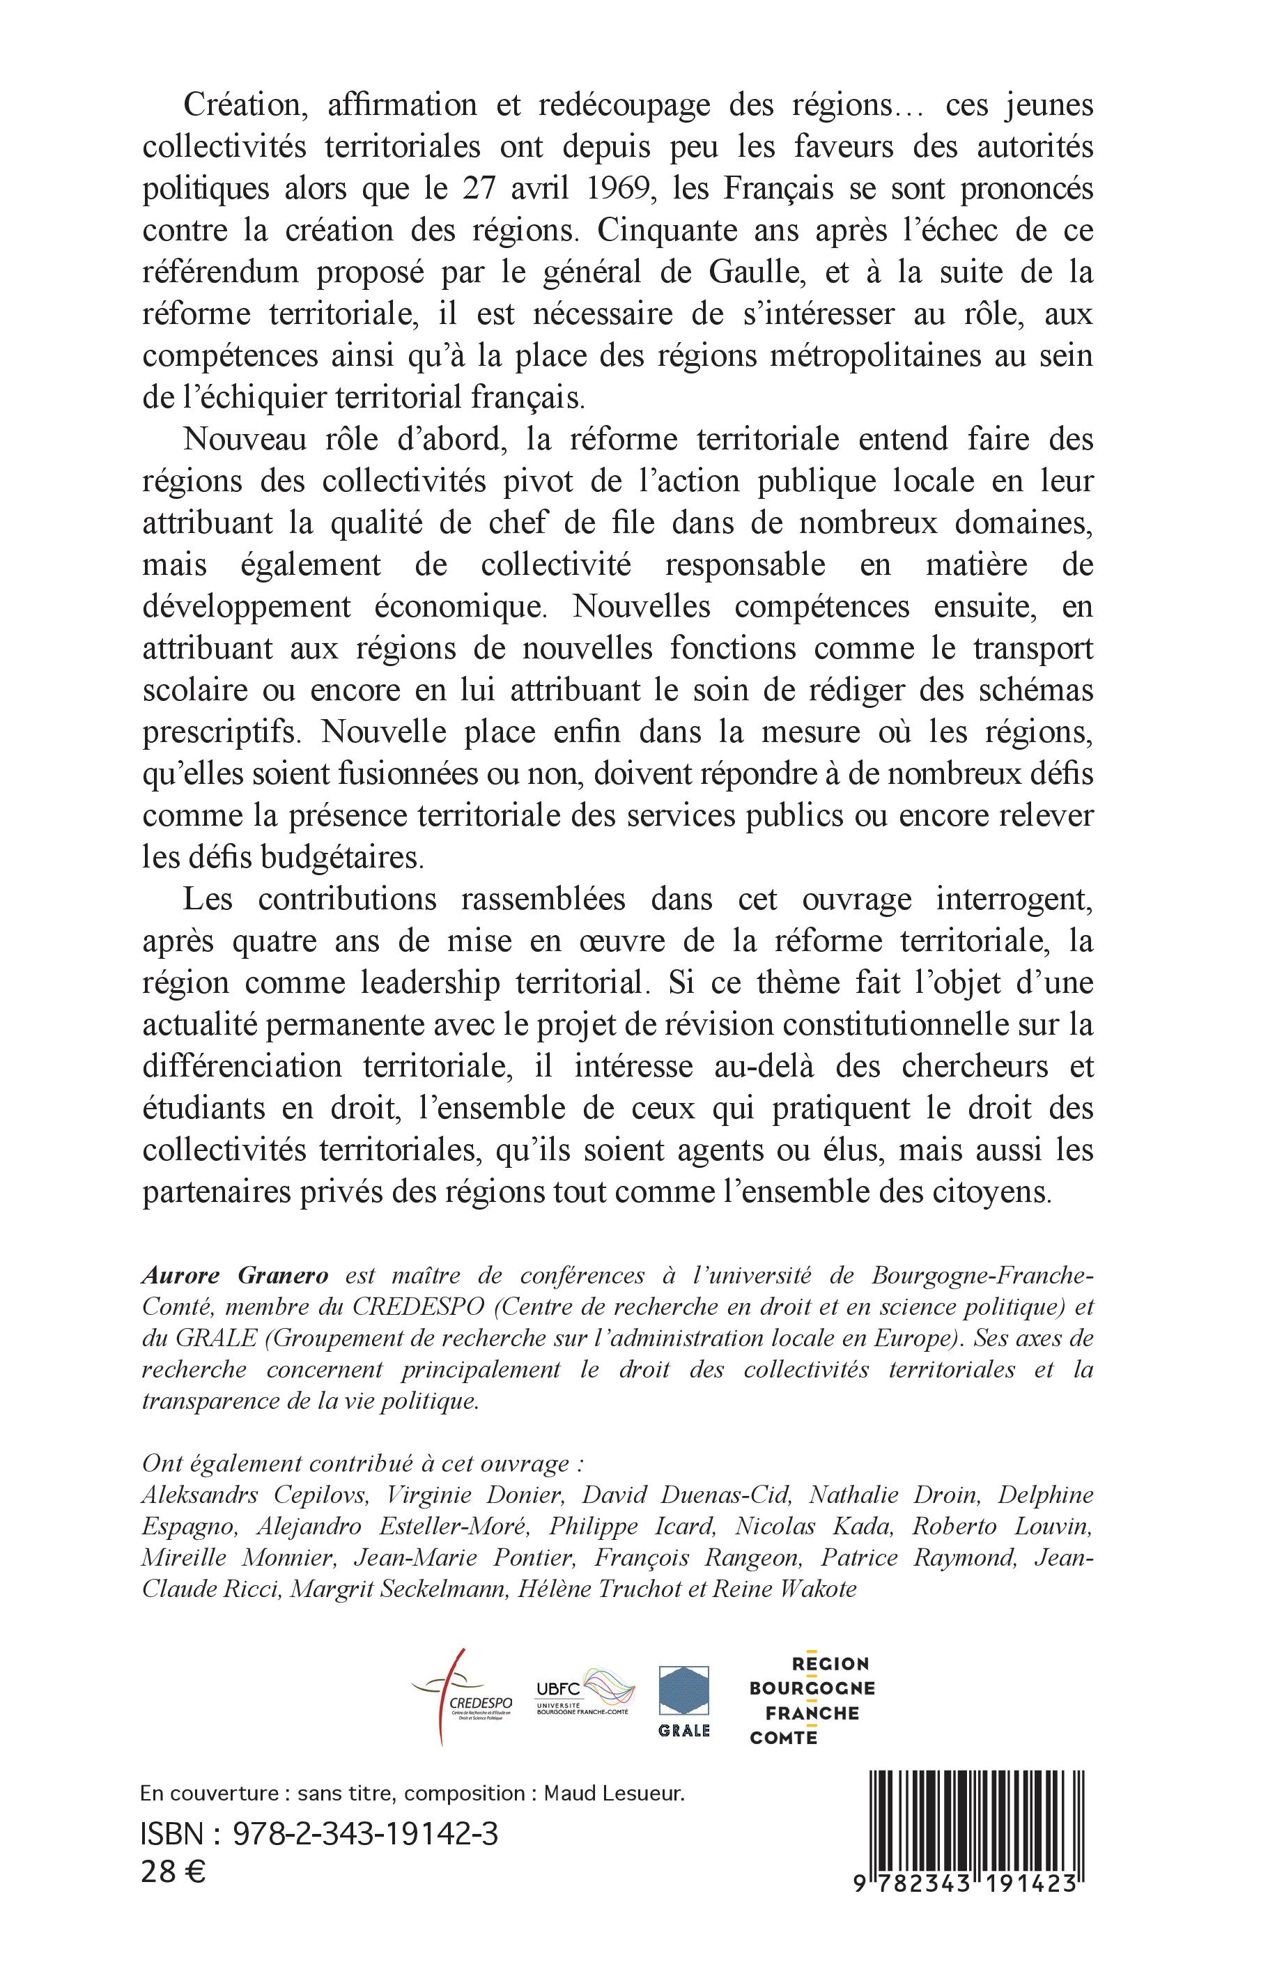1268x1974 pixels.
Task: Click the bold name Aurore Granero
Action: (x=235, y=1277)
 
